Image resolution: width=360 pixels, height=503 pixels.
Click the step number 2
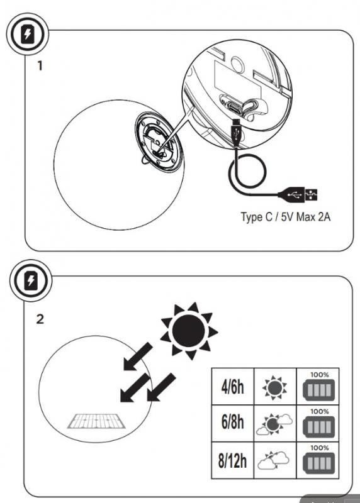41,319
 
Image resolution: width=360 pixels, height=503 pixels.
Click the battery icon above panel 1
25,35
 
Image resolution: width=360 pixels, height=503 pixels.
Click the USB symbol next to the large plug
312,194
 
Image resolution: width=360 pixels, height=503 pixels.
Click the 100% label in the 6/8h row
318,412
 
